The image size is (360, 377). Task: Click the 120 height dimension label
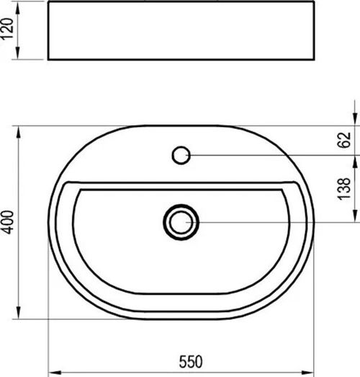(x=6, y=28)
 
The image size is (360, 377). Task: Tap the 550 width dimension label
(x=191, y=361)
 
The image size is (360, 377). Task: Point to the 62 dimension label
(x=344, y=140)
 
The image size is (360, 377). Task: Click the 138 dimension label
(x=344, y=189)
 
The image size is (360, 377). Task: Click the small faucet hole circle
(x=181, y=155)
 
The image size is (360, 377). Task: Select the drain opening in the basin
(x=181, y=222)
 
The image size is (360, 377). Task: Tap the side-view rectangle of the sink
(x=181, y=30)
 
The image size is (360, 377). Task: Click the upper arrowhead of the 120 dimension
(x=18, y=9)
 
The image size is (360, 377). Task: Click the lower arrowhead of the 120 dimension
(x=18, y=53)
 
